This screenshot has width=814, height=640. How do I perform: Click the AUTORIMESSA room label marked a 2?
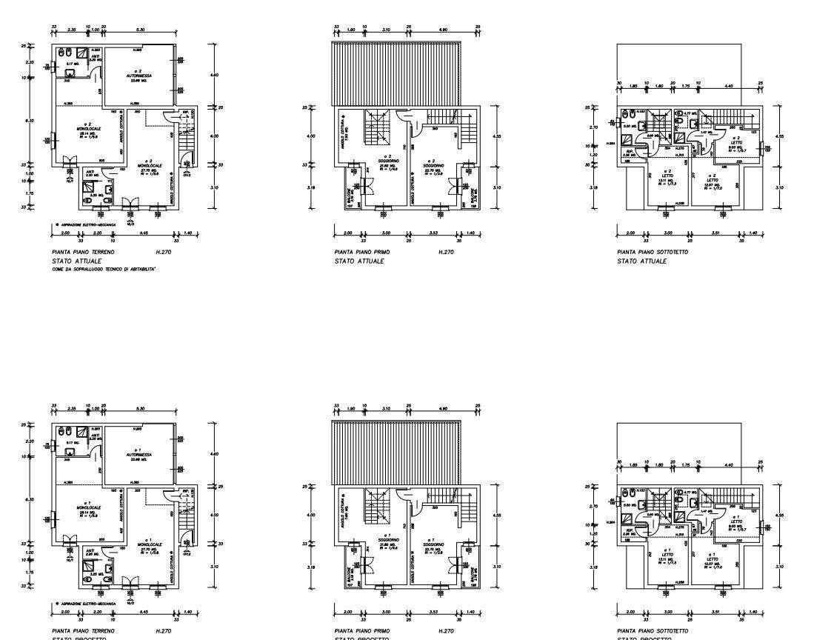click(x=139, y=76)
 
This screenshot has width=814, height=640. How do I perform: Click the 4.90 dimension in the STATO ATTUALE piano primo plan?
click(x=444, y=30)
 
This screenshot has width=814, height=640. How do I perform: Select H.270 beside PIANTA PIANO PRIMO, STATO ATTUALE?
click(x=445, y=253)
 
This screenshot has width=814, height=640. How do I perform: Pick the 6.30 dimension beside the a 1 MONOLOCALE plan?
click(x=30, y=500)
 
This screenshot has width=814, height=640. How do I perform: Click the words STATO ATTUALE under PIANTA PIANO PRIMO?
click(x=358, y=261)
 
